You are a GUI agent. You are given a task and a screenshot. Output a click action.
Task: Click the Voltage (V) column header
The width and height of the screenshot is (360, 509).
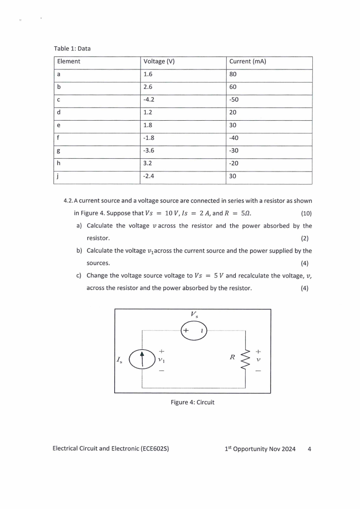point(159,61)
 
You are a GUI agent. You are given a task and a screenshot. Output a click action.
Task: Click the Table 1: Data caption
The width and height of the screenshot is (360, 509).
point(72,48)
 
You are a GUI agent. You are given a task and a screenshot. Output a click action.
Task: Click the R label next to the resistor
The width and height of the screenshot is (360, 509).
point(232,357)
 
